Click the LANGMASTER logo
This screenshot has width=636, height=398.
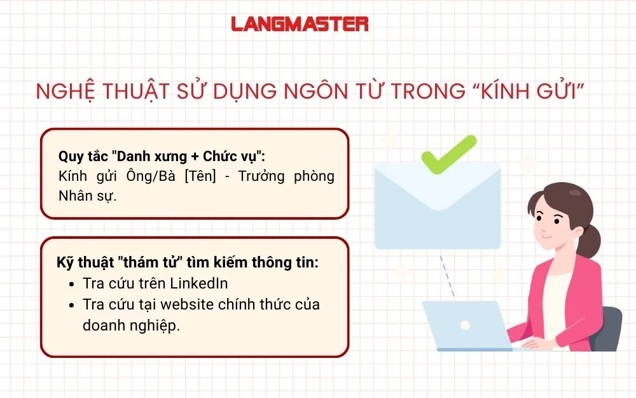point(300,24)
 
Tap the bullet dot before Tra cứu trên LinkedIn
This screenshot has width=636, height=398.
point(71,284)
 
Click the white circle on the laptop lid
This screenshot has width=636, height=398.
point(466,325)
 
